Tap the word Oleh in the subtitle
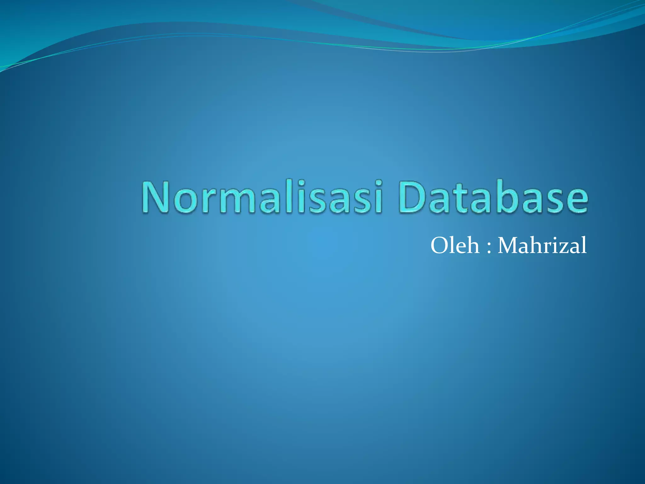(455, 245)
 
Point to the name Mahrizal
(542, 245)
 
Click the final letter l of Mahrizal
(584, 245)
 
